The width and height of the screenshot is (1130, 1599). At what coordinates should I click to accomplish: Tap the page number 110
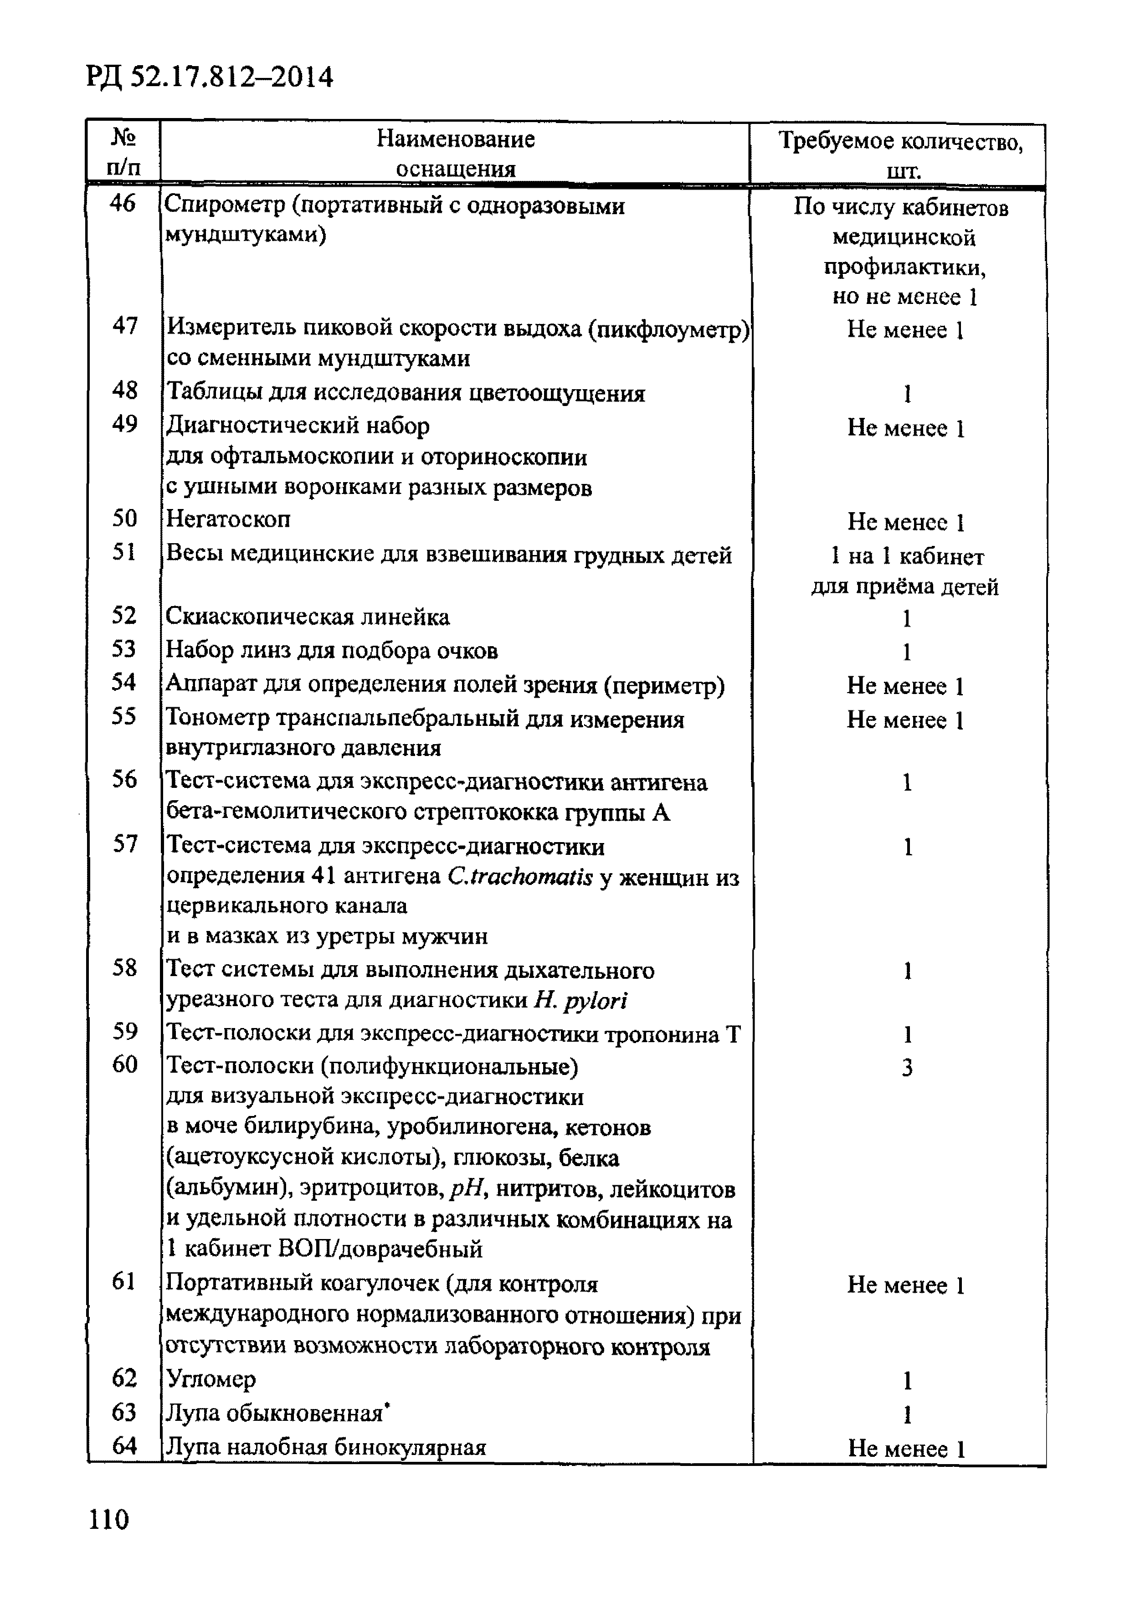click(x=108, y=1519)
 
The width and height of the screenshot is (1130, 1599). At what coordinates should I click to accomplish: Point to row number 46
click(x=123, y=204)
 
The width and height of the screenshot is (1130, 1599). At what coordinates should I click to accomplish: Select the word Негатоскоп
click(x=228, y=519)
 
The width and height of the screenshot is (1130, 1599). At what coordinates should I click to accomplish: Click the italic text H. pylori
click(x=580, y=1001)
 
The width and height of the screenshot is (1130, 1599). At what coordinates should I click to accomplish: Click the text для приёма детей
click(x=904, y=586)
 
